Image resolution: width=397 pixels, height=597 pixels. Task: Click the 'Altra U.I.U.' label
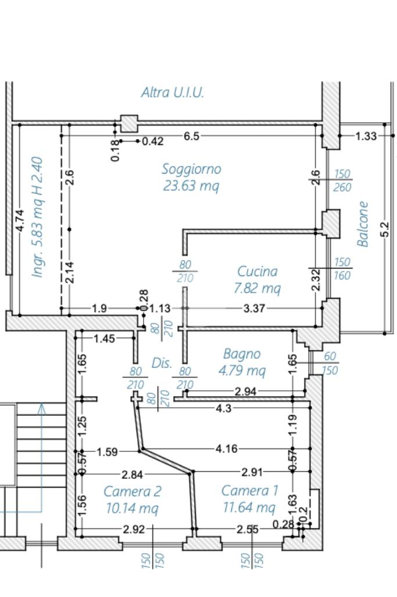[x=173, y=93]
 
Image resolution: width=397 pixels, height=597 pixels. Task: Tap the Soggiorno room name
[x=191, y=169]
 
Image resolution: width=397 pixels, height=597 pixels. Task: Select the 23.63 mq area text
[x=191, y=186]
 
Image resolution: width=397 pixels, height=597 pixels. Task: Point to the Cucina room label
[x=257, y=271]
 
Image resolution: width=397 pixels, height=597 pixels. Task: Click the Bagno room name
[x=242, y=354]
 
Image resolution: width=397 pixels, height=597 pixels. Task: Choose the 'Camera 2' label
[x=133, y=491]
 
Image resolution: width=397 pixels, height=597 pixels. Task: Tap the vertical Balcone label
[x=363, y=224]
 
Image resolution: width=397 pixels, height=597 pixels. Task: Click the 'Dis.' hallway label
[x=162, y=363]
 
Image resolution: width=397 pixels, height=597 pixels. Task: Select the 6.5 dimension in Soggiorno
[x=191, y=136]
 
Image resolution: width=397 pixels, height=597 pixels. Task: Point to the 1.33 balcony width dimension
[x=366, y=136]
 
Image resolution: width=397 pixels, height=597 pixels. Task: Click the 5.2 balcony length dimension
[x=384, y=229]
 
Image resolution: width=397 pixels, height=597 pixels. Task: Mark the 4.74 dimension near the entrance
[x=20, y=221]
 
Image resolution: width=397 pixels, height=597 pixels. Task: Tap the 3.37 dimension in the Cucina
[x=253, y=308]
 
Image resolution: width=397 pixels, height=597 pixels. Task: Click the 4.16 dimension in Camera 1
[x=226, y=450]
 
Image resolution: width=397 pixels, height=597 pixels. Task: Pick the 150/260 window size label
[x=342, y=181]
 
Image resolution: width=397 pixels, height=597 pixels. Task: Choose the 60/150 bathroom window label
[x=329, y=363]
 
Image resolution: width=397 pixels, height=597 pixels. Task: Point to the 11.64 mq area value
[x=249, y=507]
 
